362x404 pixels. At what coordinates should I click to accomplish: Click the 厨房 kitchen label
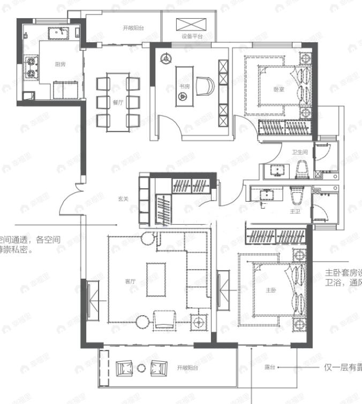pyautogui.click(x=60, y=64)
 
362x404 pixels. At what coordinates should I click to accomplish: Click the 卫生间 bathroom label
pyautogui.click(x=299, y=153)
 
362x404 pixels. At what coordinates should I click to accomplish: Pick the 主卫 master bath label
pyautogui.click(x=295, y=211)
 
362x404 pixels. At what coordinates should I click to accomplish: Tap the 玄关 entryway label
pyautogui.click(x=124, y=199)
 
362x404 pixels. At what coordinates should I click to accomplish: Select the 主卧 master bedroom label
pyautogui.click(x=271, y=291)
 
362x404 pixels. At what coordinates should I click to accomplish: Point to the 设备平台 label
pyautogui.click(x=192, y=37)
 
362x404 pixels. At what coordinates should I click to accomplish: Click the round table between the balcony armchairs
pyautogui.click(x=141, y=368)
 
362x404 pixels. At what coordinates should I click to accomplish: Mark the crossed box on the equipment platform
pyautogui.click(x=192, y=24)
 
